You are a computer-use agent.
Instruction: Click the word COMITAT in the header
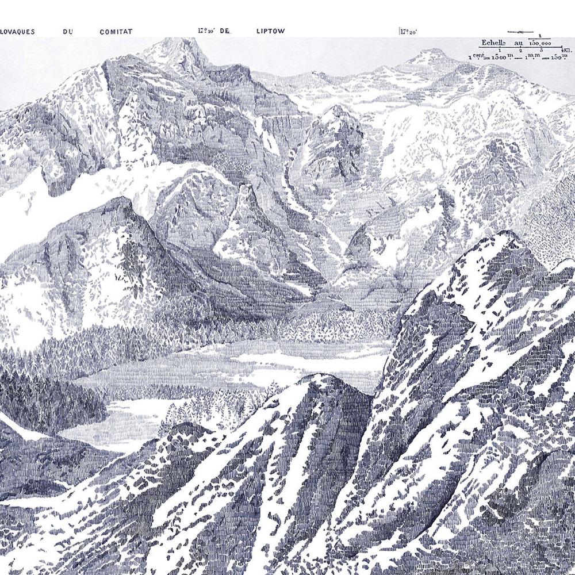pyautogui.click(x=116, y=32)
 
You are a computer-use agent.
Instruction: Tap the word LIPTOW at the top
pyautogui.click(x=270, y=32)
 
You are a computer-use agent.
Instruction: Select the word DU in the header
pyautogui.click(x=68, y=32)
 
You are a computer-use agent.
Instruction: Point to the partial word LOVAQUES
pyautogui.click(x=17, y=32)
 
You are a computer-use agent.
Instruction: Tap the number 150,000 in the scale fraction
pyautogui.click(x=540, y=43)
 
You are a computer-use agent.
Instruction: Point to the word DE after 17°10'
pyautogui.click(x=225, y=32)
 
